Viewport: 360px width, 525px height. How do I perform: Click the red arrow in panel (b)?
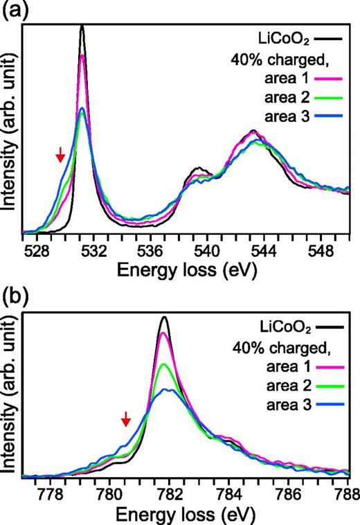[x=125, y=418]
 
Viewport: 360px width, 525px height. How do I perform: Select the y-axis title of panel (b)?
[x=9, y=395]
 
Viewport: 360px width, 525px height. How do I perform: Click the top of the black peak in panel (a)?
[x=82, y=26]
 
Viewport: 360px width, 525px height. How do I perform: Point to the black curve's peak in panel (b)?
[x=164, y=317]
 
